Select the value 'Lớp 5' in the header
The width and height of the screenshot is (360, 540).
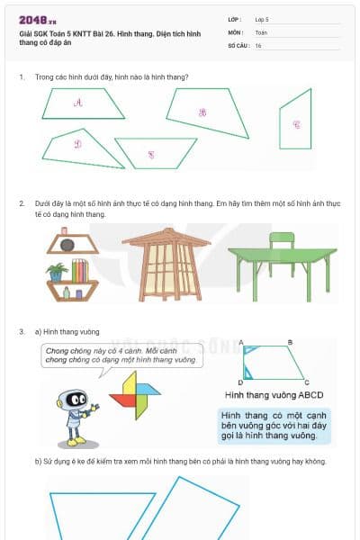coord(263,19)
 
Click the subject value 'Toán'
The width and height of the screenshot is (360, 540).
coord(261,31)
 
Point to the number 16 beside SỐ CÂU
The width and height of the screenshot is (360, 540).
coord(258,45)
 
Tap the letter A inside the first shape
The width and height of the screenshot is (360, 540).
coord(78,103)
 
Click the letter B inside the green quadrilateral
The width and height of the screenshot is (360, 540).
coord(202,112)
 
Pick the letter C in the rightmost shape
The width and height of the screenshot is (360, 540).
coord(296,124)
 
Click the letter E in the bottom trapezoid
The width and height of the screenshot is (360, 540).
coord(150,154)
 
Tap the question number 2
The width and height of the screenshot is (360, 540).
coord(22,203)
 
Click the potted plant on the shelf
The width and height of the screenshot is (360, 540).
coord(57,271)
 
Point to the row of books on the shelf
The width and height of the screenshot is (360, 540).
coord(80,270)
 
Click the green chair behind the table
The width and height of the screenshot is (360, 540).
coord(282,243)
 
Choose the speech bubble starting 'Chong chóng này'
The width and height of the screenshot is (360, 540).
coord(121,355)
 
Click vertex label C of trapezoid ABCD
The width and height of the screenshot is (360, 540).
coord(307,382)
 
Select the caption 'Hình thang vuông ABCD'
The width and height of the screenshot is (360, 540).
coord(274,395)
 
